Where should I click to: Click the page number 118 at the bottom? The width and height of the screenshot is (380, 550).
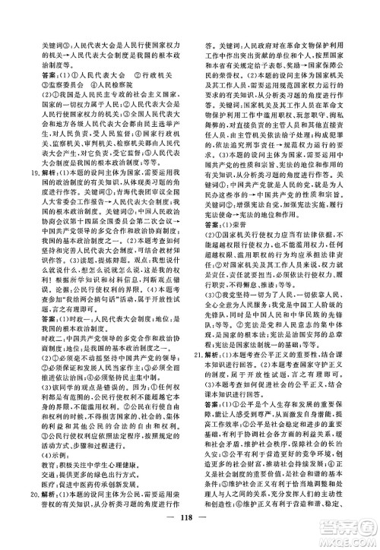(190, 529)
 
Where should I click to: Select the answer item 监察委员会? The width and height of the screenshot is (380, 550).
(51, 84)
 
